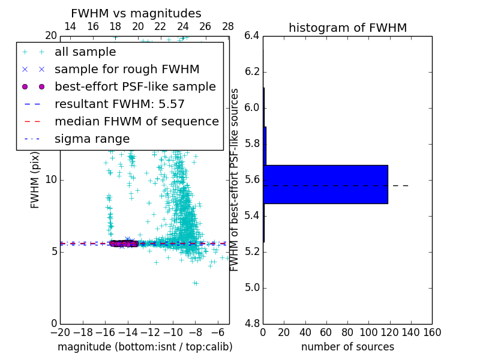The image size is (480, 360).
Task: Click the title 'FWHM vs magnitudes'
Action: tap(136, 13)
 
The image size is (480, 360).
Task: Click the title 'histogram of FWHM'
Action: tap(347, 28)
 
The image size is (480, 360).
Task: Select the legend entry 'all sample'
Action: tap(85, 52)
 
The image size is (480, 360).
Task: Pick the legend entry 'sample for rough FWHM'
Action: tap(127, 70)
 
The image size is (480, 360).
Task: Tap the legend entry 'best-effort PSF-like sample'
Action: tap(135, 87)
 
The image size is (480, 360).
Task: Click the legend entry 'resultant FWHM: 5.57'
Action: tap(119, 104)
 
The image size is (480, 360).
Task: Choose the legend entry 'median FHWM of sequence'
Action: tap(136, 122)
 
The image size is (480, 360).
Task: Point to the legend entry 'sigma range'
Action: tap(92, 139)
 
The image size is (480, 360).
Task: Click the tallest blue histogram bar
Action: tap(325, 184)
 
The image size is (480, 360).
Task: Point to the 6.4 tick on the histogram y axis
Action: tap(253, 36)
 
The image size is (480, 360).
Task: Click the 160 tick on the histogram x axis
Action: tap(432, 332)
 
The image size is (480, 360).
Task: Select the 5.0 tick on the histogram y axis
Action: tap(253, 287)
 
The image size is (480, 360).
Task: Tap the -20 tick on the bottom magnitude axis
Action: tap(60, 332)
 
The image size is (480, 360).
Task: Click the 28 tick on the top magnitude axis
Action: tap(228, 26)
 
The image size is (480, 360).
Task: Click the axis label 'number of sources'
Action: tap(347, 347)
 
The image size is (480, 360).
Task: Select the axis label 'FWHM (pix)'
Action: tap(35, 180)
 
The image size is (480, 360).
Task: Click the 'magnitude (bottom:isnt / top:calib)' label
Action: tap(145, 347)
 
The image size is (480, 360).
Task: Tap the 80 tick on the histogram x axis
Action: tap(347, 332)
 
